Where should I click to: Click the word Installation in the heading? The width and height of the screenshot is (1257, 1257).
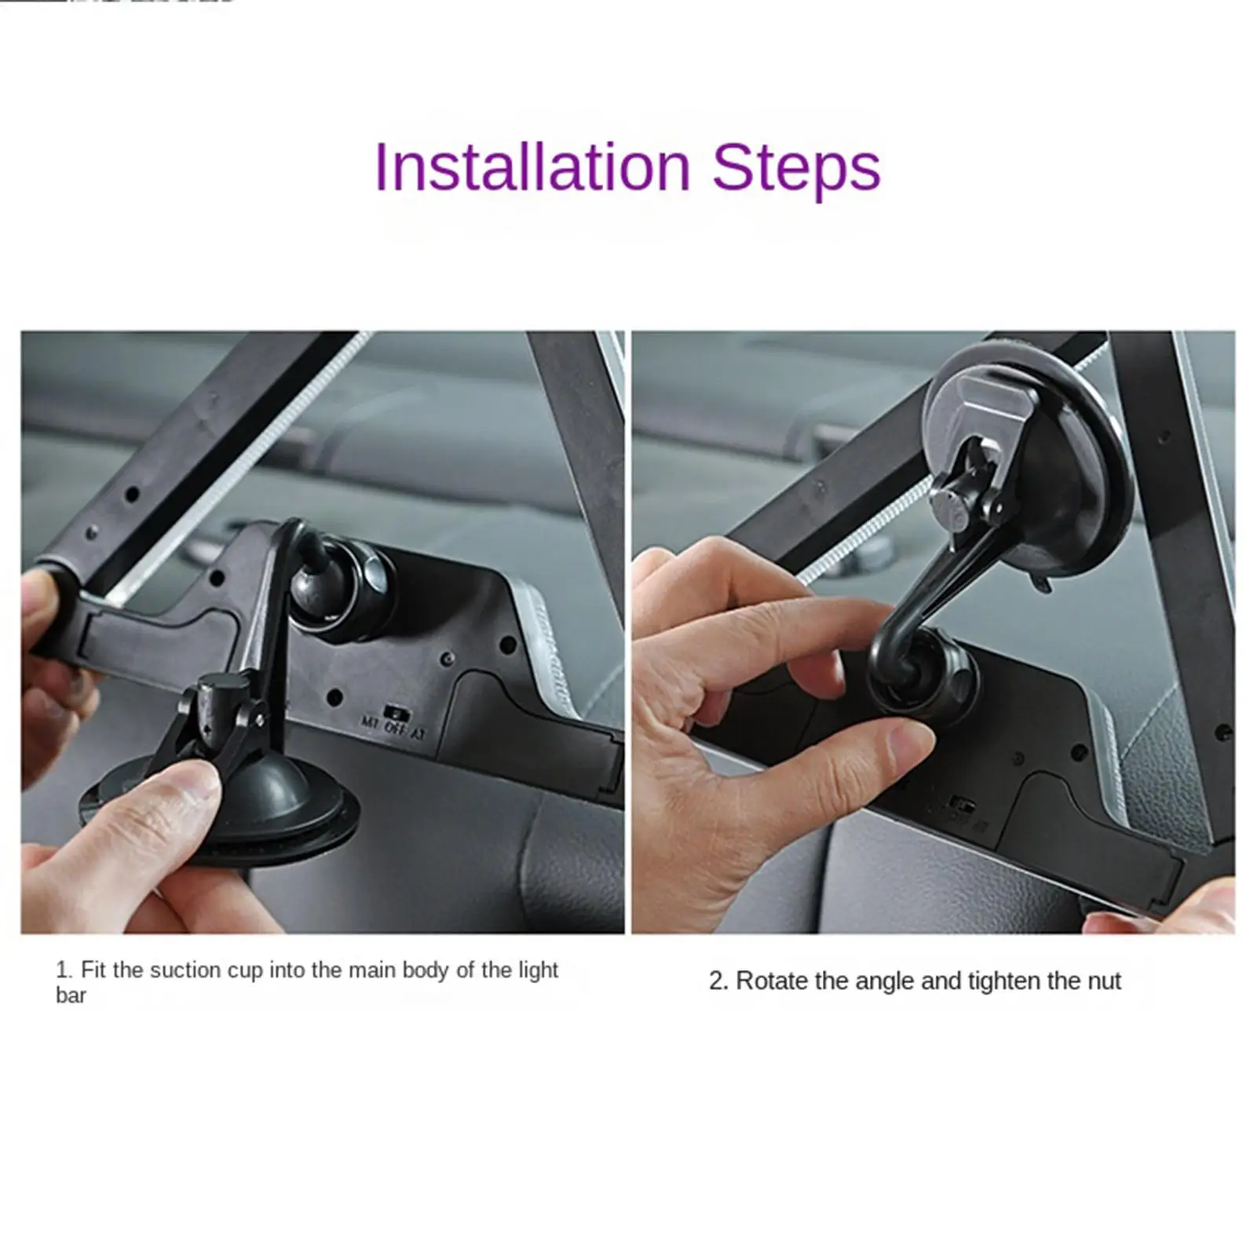pos(532,167)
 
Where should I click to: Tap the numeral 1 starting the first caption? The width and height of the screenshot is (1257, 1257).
pos(62,970)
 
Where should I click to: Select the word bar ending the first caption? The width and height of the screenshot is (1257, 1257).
pos(71,996)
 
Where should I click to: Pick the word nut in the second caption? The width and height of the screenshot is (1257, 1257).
pos(1103,981)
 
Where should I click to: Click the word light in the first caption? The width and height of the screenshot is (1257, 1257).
pos(538,970)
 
